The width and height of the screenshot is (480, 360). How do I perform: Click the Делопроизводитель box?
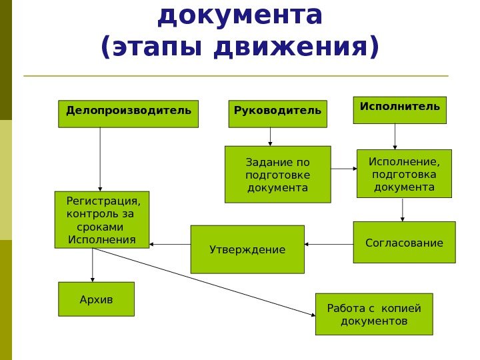[129, 113]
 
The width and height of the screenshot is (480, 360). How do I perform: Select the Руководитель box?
[278, 113]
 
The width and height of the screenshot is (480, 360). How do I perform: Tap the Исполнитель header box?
[399, 110]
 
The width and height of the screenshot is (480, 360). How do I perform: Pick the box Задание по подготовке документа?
[278, 174]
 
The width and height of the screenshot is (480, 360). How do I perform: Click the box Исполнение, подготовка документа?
[404, 173]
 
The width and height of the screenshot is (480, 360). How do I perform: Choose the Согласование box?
[404, 243]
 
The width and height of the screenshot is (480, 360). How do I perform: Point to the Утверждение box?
[247, 249]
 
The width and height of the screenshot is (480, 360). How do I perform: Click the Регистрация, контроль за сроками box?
[102, 219]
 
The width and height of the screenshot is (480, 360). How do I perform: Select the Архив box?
[97, 299]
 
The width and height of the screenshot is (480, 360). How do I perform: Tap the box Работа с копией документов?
[374, 314]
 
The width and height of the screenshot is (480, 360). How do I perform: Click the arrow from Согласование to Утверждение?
[329, 245]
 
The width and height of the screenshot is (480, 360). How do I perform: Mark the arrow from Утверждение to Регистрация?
[170, 245]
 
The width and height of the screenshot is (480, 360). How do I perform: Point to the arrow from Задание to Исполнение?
[344, 169]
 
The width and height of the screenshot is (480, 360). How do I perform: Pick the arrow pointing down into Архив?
[93, 265]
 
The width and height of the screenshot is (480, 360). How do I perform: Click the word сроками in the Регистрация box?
[87, 227]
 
